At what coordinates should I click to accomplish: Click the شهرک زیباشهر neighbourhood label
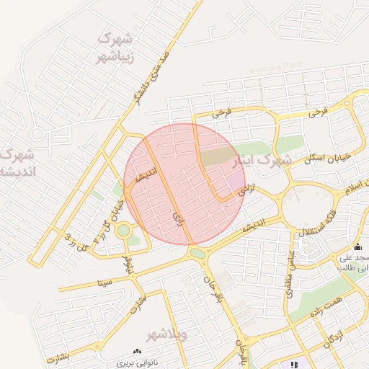coord(115,46)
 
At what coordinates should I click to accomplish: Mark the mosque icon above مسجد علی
coord(357,247)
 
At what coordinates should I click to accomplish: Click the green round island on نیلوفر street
coord(124,231)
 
